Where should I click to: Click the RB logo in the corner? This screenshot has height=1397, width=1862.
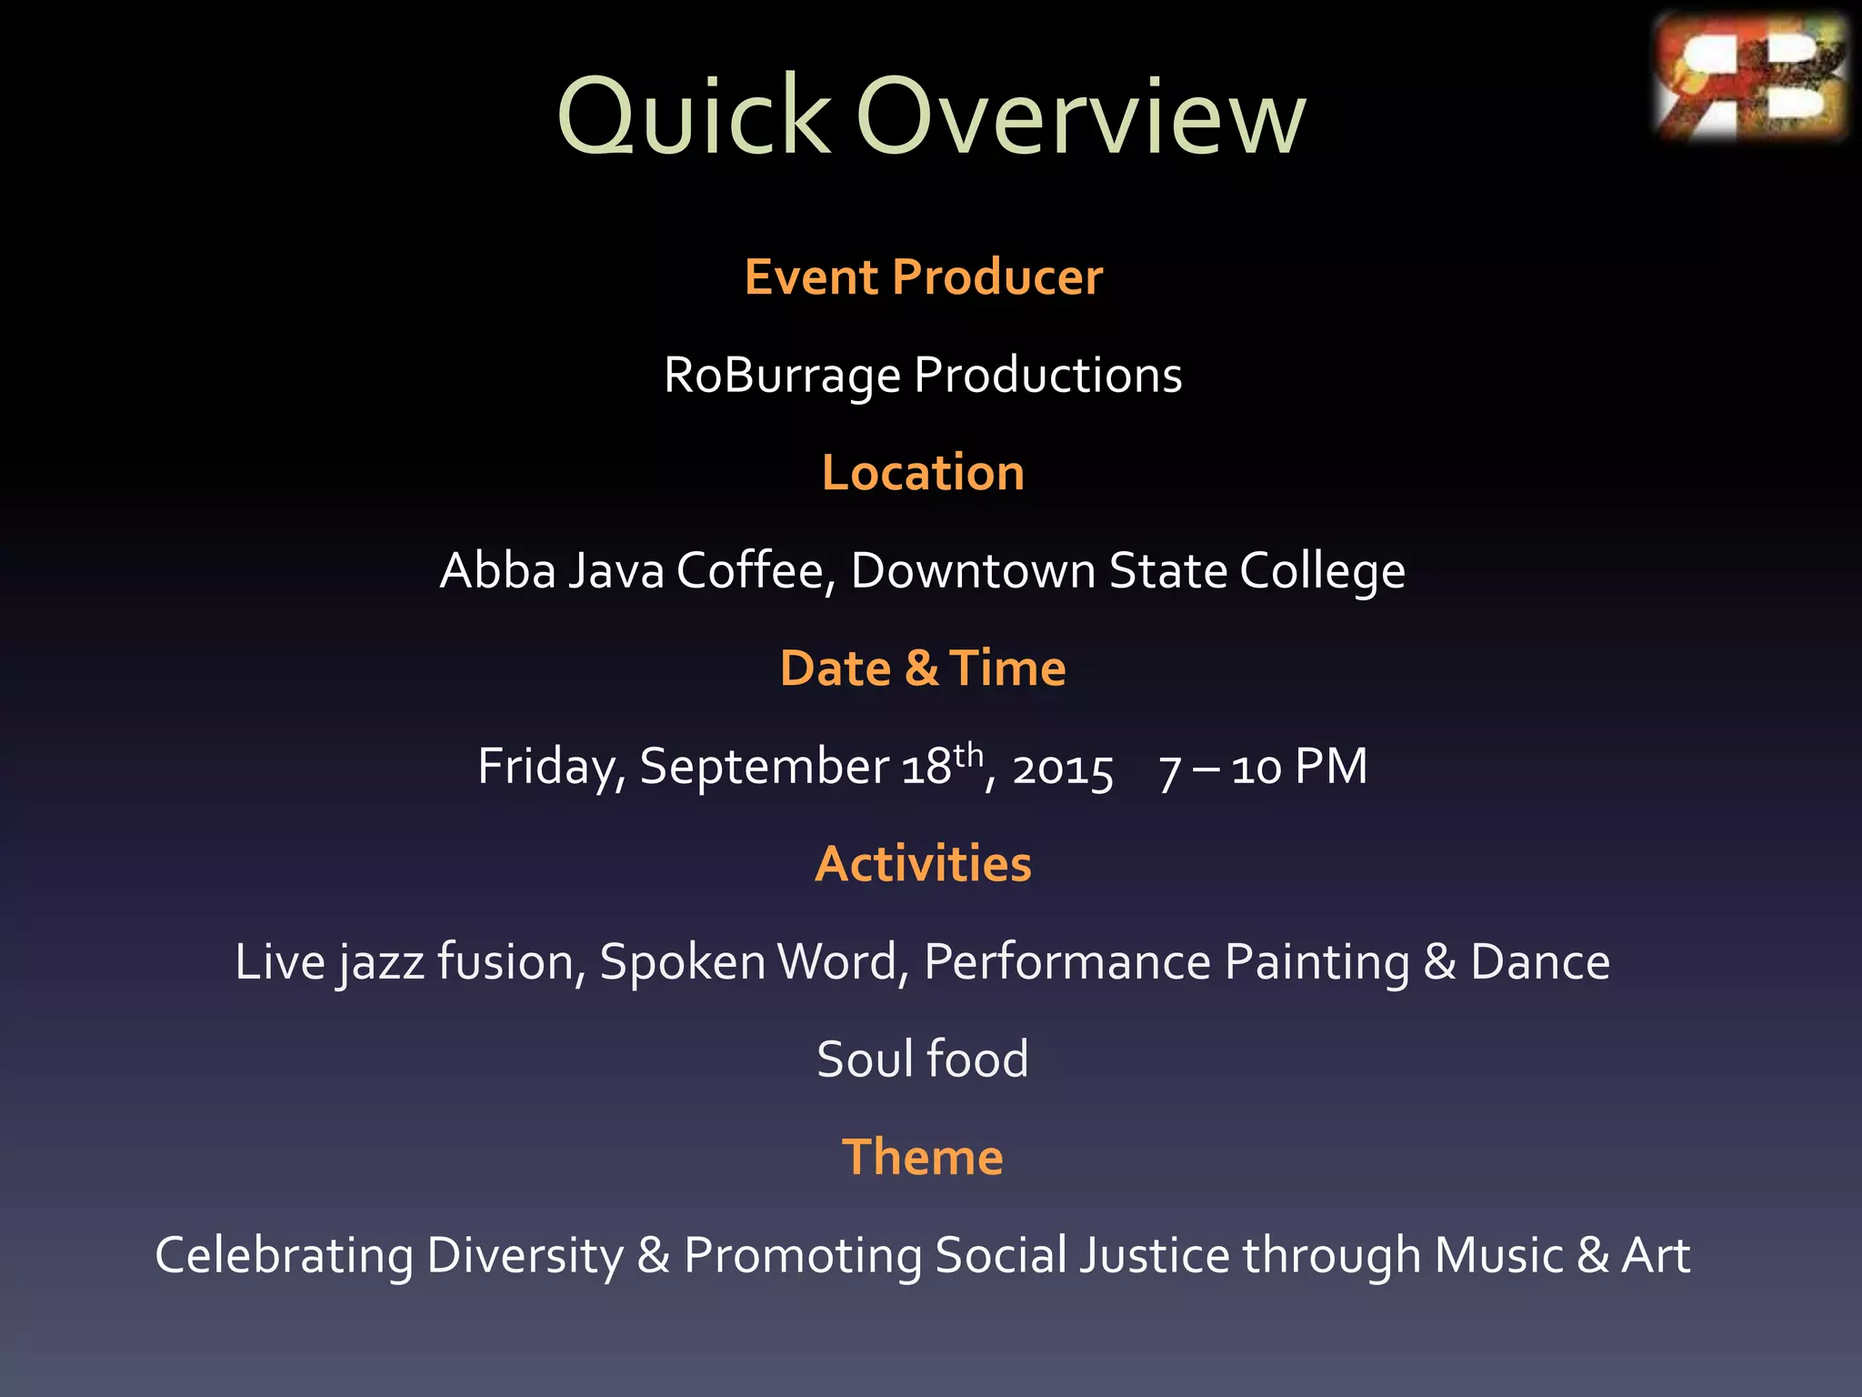pos(1750,77)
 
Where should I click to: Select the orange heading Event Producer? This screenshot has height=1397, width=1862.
pos(923,277)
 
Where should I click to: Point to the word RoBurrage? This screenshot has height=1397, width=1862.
pos(782,376)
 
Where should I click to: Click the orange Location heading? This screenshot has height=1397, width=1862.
pos(923,473)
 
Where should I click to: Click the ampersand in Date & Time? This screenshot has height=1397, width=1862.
pos(921,668)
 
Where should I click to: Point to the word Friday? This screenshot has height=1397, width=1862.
pos(551,767)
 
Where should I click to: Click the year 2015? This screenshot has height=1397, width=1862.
pos(1063,769)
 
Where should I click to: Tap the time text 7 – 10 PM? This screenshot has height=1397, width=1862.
pos(1263,767)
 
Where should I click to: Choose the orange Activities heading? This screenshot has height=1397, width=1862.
pos(923,864)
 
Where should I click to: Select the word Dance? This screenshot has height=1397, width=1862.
pos(1539,962)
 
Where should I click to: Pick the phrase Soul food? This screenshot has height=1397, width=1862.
pos(923,1060)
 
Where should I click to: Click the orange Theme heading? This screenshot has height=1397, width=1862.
pos(923,1158)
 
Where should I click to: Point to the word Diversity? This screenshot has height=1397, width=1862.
pos(525,1256)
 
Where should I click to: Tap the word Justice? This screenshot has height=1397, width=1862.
pos(1155,1256)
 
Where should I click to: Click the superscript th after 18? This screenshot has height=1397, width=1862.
pos(969,754)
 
